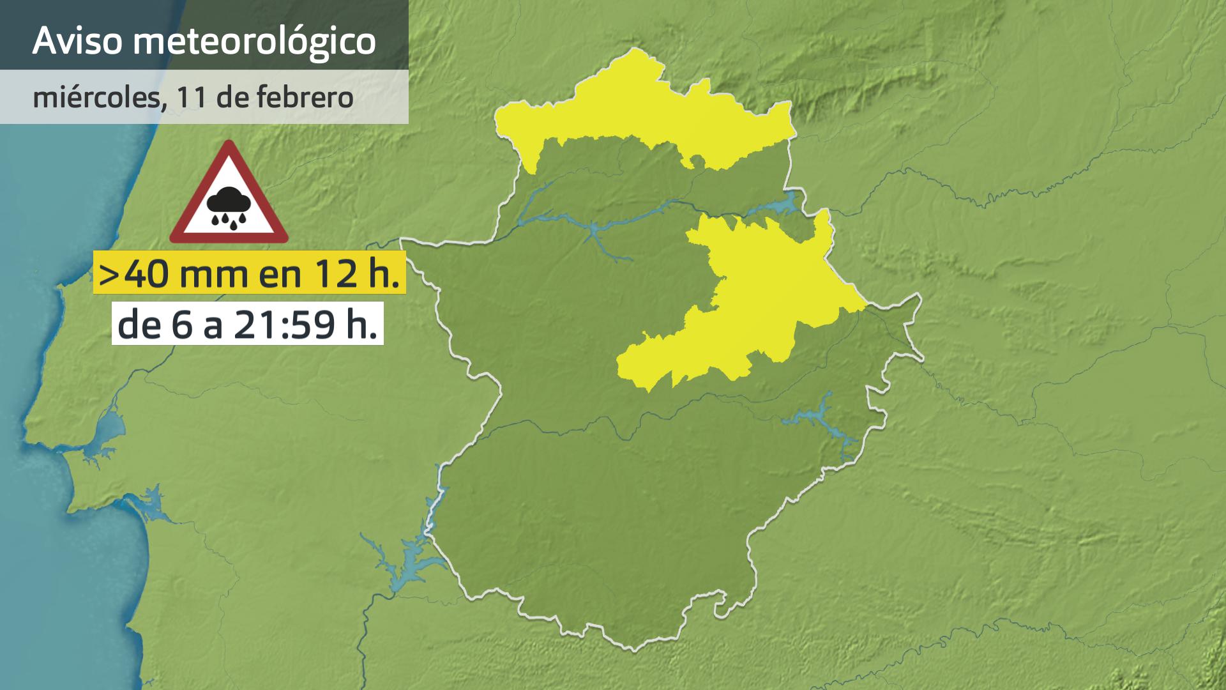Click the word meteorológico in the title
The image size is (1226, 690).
255,42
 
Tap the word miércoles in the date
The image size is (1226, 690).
95,97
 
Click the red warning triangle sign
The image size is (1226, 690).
229,195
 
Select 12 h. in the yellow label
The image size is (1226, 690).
358,273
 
